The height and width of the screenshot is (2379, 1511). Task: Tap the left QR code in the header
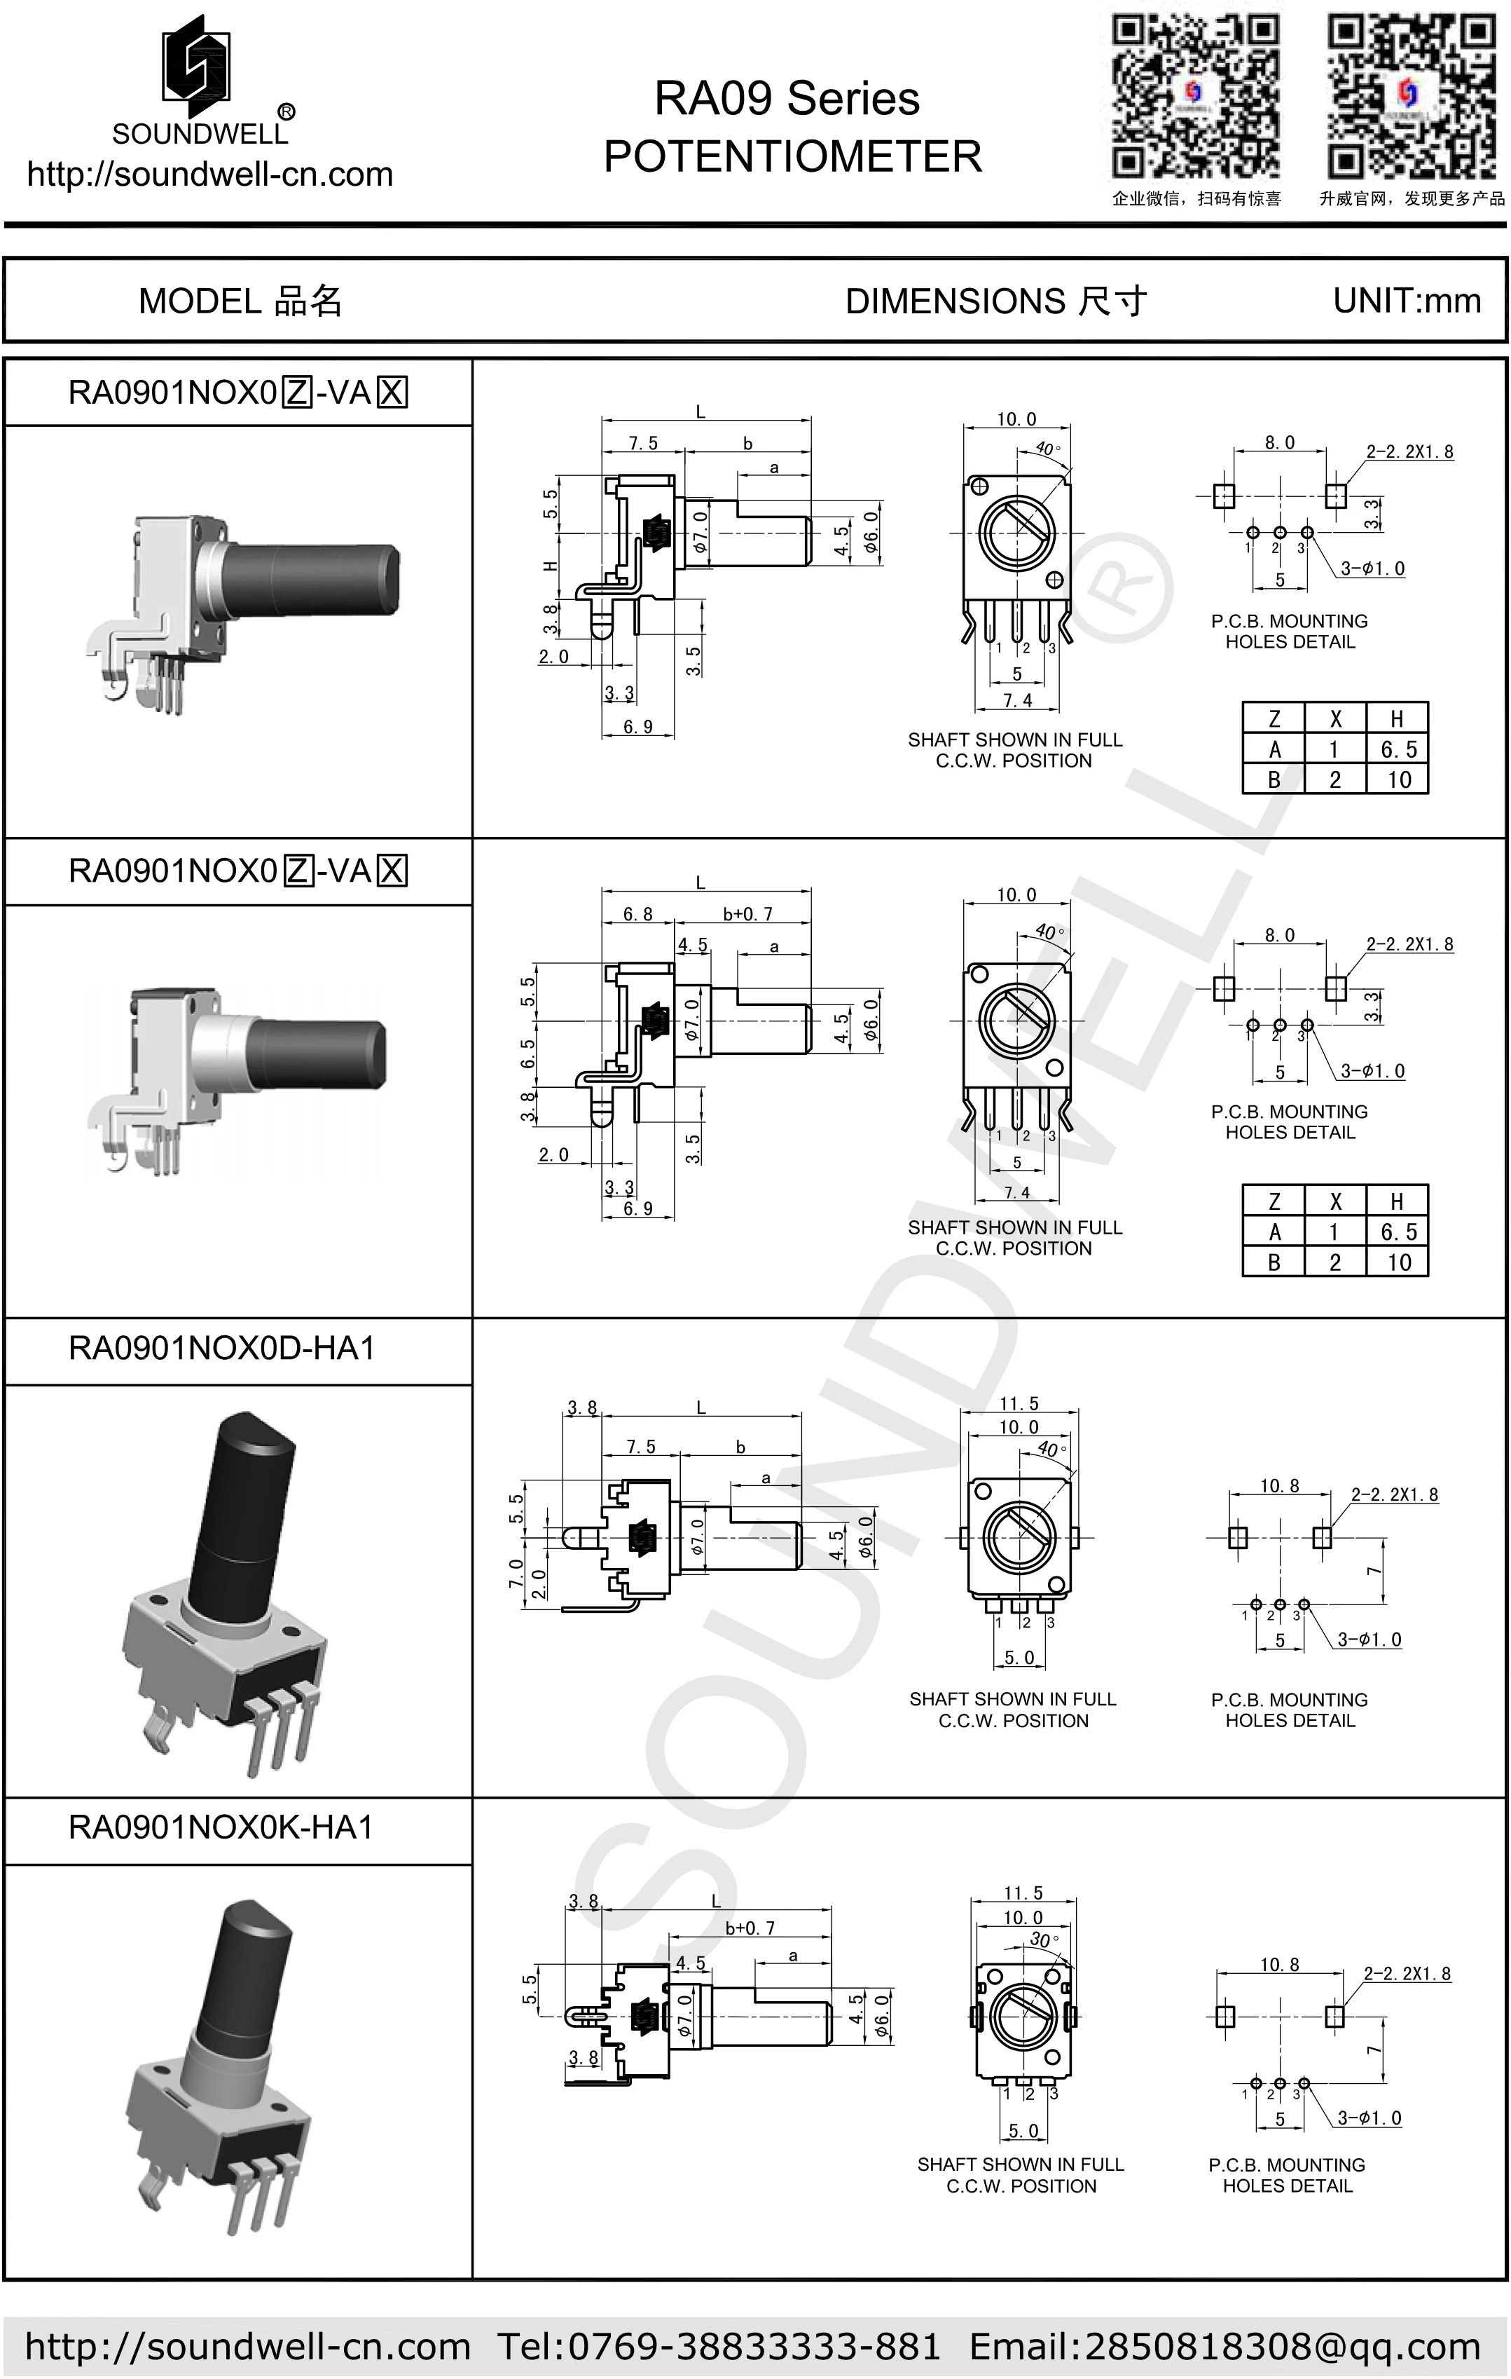[1196, 96]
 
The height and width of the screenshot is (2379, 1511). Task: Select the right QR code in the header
[1409, 96]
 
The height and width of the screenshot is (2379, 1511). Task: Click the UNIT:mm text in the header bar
[1407, 300]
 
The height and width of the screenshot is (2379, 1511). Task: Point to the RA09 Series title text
[787, 99]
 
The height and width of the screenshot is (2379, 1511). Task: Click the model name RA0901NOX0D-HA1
[222, 1349]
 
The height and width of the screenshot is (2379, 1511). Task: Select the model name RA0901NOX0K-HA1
[221, 1828]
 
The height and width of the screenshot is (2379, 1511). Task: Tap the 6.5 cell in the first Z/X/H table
[1398, 750]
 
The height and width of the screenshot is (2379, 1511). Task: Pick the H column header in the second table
[1396, 1201]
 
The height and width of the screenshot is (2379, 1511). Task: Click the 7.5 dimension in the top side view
[643, 444]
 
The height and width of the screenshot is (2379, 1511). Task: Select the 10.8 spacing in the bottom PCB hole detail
[1279, 1965]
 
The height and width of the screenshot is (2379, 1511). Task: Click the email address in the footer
[1224, 2345]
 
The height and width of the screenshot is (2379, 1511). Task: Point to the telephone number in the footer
[719, 2345]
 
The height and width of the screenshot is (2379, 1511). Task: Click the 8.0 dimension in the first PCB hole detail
[1279, 442]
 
